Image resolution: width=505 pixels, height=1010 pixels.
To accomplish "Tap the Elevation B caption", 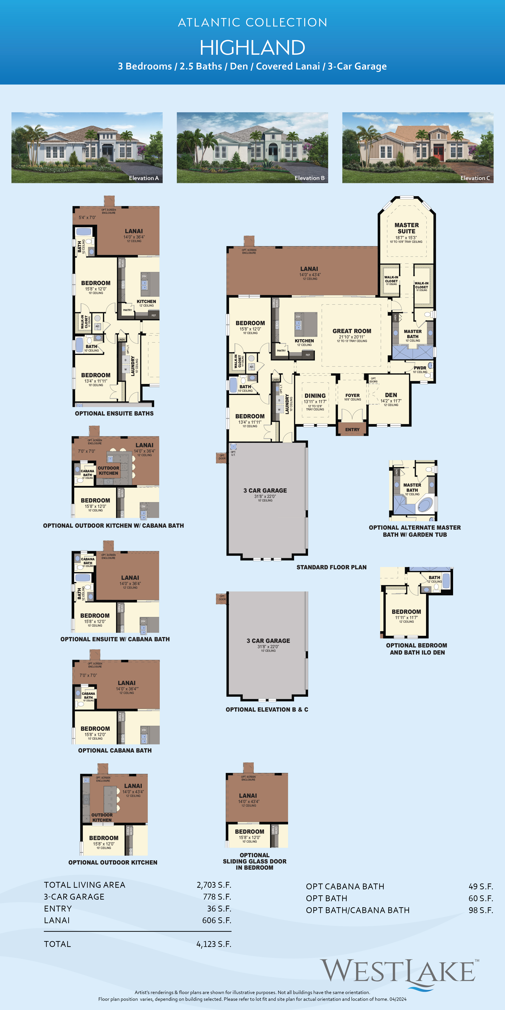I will pos(309,178).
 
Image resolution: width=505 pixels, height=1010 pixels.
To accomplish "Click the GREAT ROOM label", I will pos(352,331).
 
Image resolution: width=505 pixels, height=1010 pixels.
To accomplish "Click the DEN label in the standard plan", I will pos(391,395).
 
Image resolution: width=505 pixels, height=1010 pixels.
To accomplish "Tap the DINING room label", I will pos(315,396).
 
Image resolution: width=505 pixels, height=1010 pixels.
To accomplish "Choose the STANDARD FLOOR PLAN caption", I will pos(331,567).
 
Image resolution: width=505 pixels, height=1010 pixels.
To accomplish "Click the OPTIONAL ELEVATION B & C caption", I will pos(267,709).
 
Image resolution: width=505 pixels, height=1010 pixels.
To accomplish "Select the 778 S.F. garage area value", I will pos(217,897).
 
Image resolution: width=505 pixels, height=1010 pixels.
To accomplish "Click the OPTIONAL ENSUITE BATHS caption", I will pos(114,413).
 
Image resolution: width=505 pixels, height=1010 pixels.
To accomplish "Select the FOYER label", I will pos(352,395).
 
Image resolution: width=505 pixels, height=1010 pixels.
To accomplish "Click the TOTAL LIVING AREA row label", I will pos(85,885).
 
